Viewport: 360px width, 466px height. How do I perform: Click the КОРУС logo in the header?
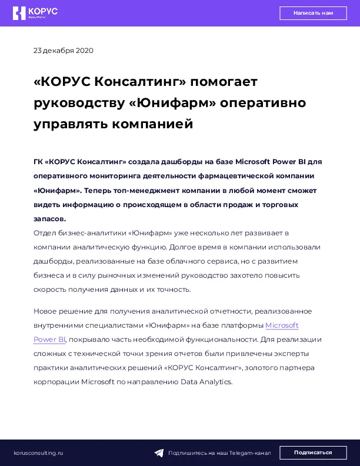(x=35, y=13)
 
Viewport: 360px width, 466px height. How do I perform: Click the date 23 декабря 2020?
(x=64, y=51)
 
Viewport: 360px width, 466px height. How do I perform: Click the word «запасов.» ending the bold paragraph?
(x=49, y=219)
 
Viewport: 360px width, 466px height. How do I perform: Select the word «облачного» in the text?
(x=186, y=261)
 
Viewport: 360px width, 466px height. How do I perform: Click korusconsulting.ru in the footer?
(x=38, y=452)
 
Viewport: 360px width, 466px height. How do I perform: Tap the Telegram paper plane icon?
(x=159, y=453)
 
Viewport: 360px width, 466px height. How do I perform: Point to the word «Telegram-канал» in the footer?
(x=250, y=453)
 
